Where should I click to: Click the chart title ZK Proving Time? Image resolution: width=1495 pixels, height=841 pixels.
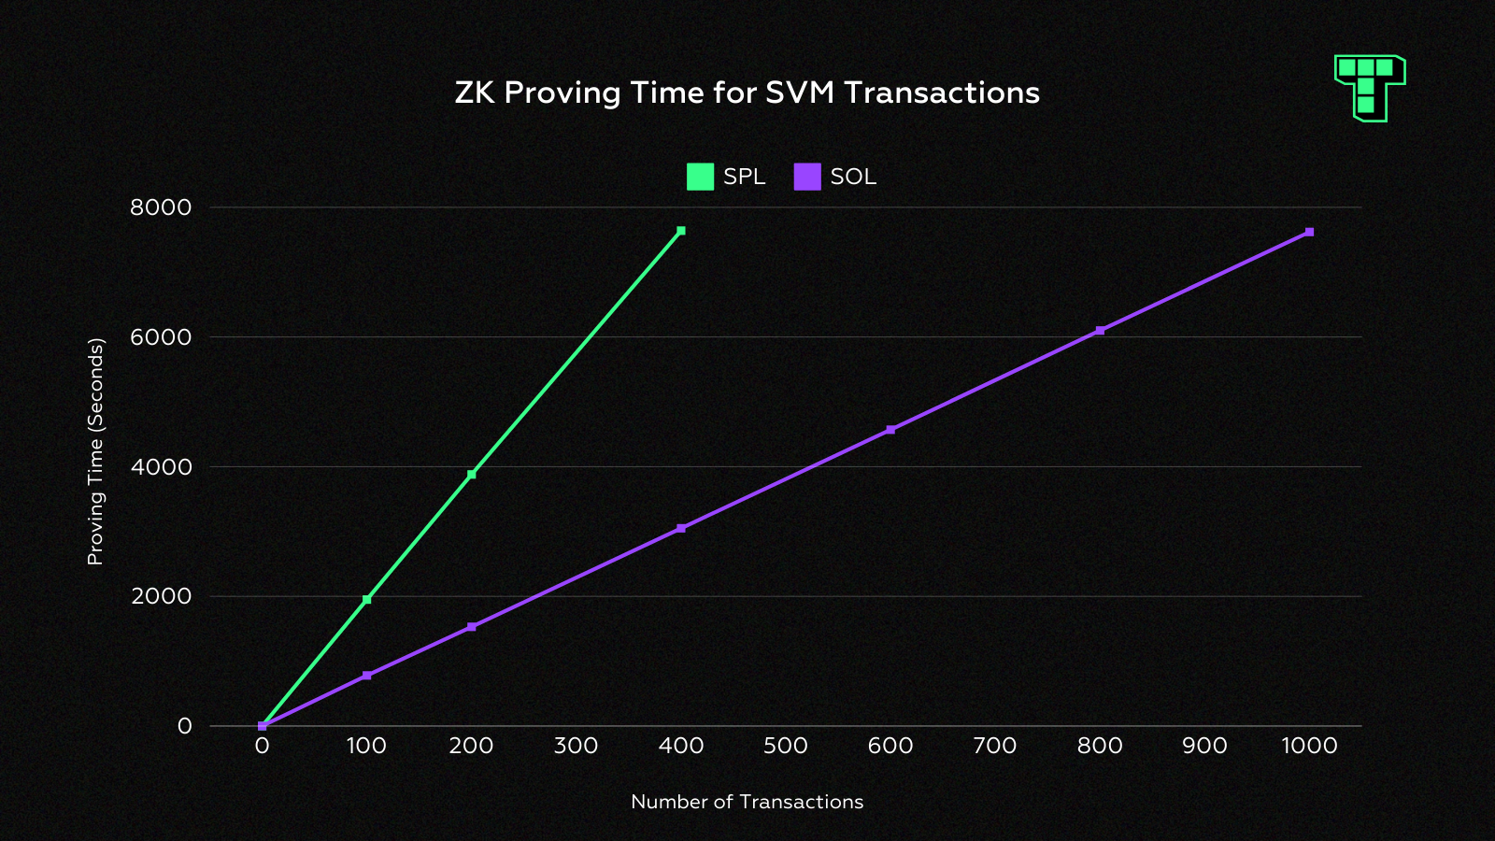pos(747,93)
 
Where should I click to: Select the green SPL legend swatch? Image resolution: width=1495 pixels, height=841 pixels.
pos(700,177)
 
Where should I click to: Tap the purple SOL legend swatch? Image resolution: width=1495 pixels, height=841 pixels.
pos(807,177)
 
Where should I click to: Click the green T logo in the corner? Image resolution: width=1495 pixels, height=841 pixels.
pos(1370,87)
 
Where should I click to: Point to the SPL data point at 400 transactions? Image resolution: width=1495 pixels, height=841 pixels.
pos(681,231)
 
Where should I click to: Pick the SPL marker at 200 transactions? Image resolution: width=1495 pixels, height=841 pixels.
pos(472,475)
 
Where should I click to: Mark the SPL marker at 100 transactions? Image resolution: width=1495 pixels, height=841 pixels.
pos(367,600)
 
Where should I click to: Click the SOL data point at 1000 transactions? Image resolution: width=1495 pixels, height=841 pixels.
pos(1309,232)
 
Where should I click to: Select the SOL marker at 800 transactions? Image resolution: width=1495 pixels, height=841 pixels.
pos(1100,331)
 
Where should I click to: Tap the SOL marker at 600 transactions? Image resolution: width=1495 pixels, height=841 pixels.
pos(890,430)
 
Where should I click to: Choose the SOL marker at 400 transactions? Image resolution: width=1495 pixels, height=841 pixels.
pos(681,529)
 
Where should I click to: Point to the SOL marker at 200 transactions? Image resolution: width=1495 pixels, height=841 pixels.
pos(472,627)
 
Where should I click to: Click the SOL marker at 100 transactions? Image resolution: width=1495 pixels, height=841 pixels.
pos(367,676)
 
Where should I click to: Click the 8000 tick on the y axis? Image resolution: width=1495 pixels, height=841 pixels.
pos(161,207)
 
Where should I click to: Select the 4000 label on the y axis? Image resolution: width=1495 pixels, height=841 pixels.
pos(161,466)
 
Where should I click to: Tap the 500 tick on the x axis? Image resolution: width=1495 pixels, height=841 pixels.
pos(786,746)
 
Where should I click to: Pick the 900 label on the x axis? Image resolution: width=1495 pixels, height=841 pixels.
pos(1204,746)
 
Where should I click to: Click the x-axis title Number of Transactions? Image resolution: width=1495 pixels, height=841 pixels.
pos(747,802)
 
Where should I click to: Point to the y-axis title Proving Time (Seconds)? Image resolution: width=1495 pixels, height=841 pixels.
pos(95,451)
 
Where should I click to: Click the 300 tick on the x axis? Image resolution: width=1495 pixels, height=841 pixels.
pos(577,746)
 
